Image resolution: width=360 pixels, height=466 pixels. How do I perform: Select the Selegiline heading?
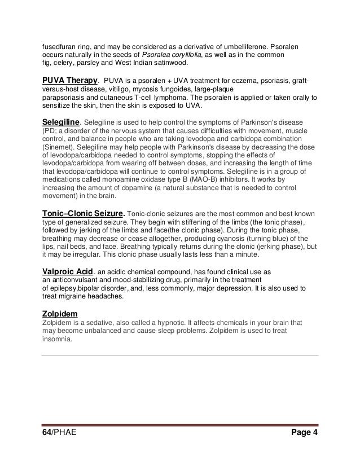(62, 122)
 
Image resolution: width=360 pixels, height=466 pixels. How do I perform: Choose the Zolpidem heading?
(60, 312)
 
